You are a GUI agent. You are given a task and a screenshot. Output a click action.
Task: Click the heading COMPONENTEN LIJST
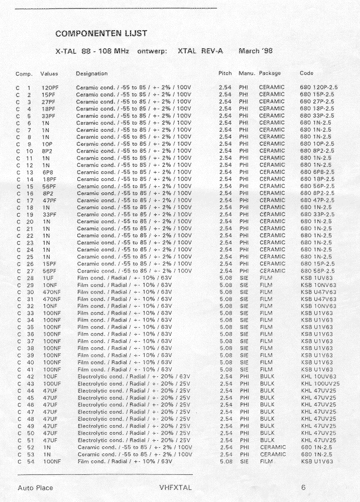[x=101, y=34]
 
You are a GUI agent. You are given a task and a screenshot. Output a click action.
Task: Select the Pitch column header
[x=225, y=73]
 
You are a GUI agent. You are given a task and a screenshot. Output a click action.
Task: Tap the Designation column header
[x=91, y=73]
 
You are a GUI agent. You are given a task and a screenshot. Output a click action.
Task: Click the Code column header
[x=306, y=73]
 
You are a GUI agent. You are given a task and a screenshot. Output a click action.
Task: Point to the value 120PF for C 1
[x=50, y=87]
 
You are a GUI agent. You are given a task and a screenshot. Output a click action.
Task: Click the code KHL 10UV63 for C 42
[x=318, y=376]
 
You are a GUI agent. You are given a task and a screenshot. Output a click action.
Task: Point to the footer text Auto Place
[x=35, y=487]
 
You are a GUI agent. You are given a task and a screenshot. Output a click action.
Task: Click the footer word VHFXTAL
[x=176, y=487]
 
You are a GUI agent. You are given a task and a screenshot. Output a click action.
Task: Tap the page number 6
[x=304, y=487]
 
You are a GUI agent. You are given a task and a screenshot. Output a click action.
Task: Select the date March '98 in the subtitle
[x=256, y=51]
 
